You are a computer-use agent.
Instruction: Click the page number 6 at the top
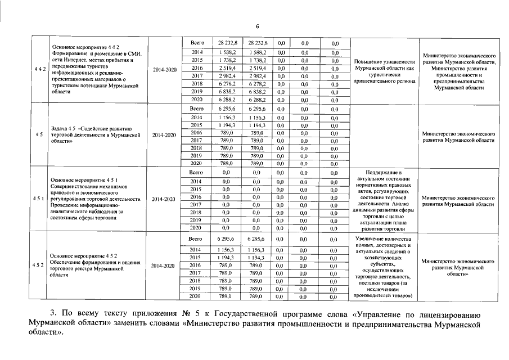257,27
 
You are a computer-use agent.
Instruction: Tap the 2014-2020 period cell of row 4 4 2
164,70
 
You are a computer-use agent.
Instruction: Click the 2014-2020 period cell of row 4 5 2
164,265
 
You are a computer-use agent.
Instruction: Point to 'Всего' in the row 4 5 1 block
196,172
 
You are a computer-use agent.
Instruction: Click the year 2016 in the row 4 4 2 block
196,67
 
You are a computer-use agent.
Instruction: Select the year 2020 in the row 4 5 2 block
196,296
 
